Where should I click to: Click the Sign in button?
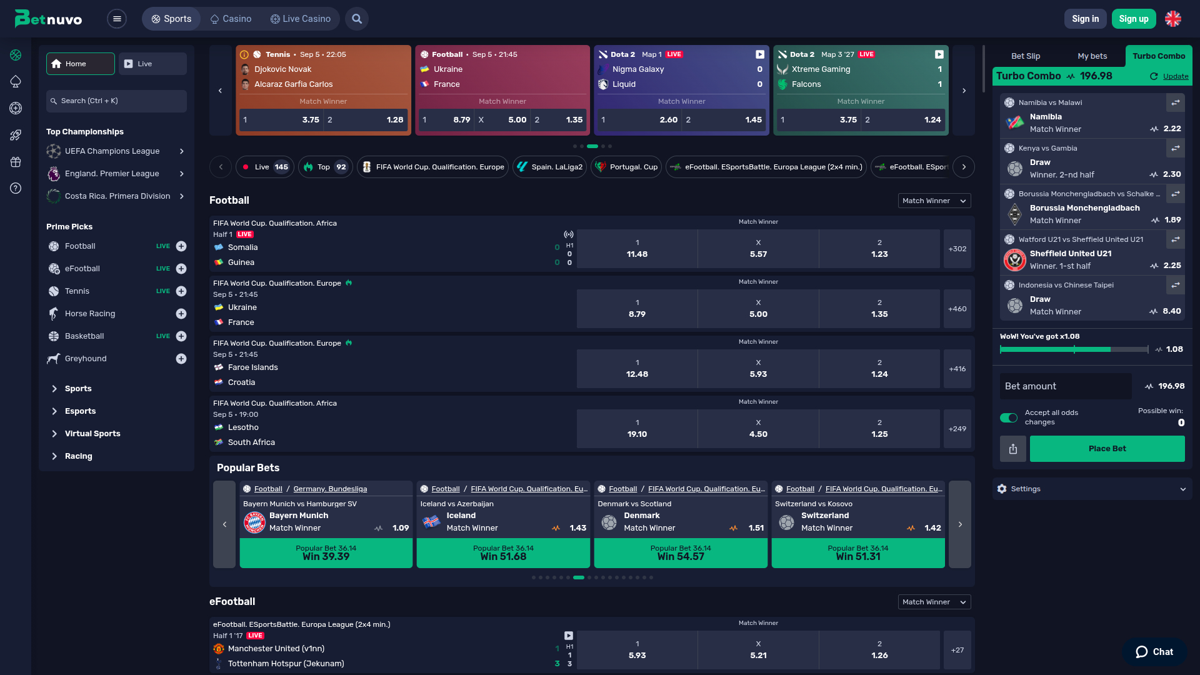pyautogui.click(x=1085, y=19)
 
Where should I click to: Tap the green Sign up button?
pyautogui.click(x=1134, y=19)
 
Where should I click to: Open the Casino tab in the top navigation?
pyautogui.click(x=231, y=19)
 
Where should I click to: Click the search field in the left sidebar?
pyautogui.click(x=117, y=101)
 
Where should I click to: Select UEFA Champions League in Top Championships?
pyautogui.click(x=112, y=151)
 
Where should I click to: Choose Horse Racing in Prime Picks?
pyautogui.click(x=90, y=314)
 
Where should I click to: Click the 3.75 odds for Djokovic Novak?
pyautogui.click(x=281, y=119)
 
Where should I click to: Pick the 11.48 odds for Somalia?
pyautogui.click(x=637, y=249)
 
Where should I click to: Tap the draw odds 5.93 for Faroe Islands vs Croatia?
pyautogui.click(x=758, y=369)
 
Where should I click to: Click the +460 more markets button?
pyautogui.click(x=957, y=309)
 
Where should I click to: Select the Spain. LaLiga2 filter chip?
pyautogui.click(x=550, y=167)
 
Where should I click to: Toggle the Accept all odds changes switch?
pyautogui.click(x=1008, y=417)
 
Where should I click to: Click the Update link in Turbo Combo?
pyautogui.click(x=1175, y=76)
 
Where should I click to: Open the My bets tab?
pyautogui.click(x=1092, y=56)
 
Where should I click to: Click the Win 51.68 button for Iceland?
pyautogui.click(x=503, y=553)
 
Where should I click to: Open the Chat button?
pyautogui.click(x=1154, y=652)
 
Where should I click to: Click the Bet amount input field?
pyautogui.click(x=1066, y=386)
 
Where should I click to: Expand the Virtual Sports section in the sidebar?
pyautogui.click(x=92, y=434)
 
